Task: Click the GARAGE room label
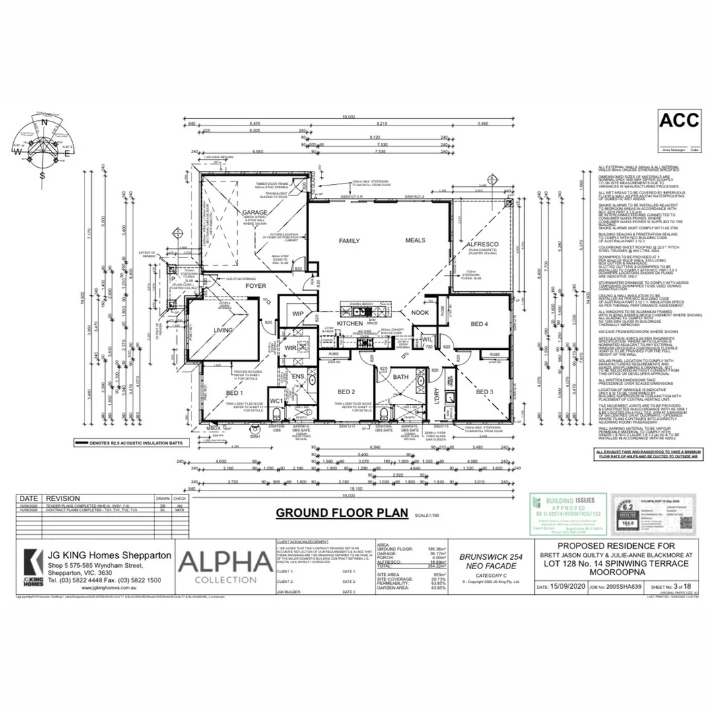(254, 213)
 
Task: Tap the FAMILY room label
(349, 241)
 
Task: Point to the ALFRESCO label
(481, 244)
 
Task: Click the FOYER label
(255, 287)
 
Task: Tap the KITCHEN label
(350, 323)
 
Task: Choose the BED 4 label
(479, 324)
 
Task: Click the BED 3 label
(484, 392)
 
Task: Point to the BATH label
(401, 377)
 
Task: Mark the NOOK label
(420, 312)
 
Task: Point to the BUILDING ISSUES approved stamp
(568, 514)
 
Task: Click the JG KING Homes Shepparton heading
(109, 556)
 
